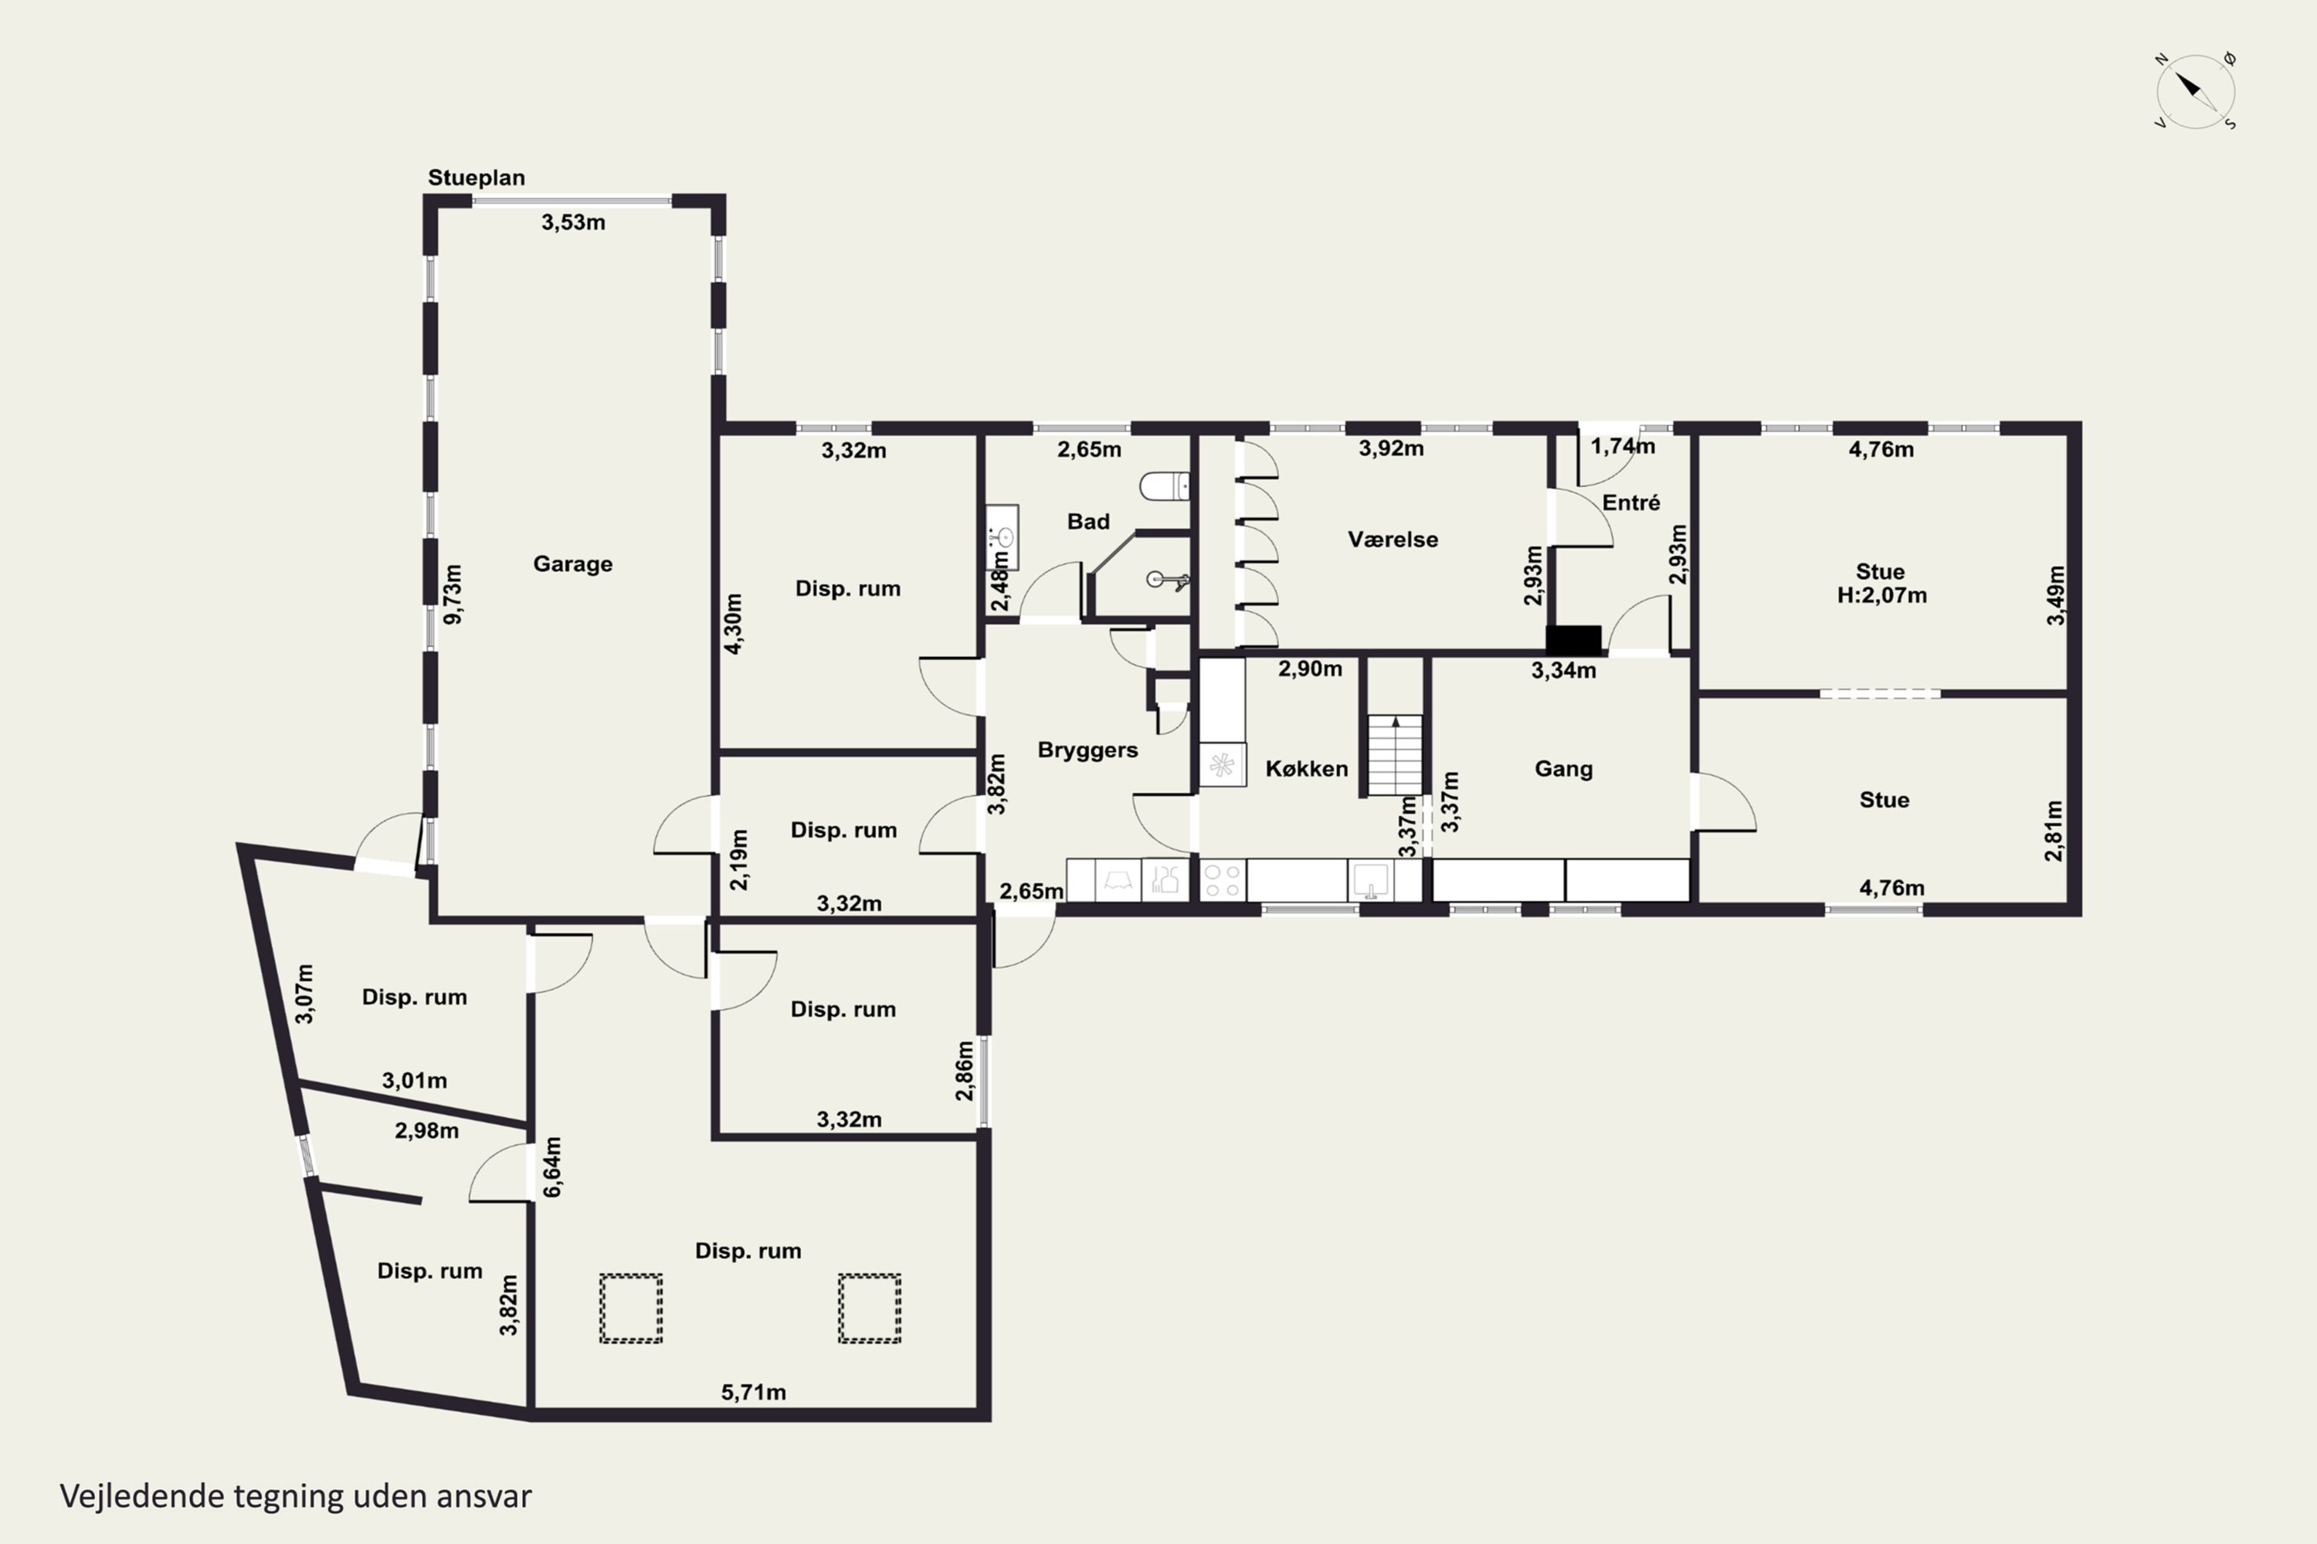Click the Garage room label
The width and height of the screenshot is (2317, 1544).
(572, 564)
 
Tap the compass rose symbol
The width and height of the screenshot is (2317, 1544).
(2195, 90)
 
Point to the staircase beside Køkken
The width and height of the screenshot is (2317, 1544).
(1395, 755)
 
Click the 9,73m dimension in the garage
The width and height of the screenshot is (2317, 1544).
(452, 594)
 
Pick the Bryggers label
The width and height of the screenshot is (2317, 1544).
(1087, 750)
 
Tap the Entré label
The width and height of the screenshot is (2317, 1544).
(1631, 503)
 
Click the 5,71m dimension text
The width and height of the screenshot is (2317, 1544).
(754, 1393)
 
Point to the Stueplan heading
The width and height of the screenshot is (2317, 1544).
(476, 178)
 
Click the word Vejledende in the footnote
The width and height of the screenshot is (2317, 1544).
(142, 1496)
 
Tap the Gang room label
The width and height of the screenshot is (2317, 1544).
(1563, 769)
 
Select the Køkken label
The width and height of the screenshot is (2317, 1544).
(1306, 769)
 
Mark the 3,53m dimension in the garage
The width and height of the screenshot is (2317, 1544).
(573, 222)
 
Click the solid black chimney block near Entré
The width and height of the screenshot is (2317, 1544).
(1573, 640)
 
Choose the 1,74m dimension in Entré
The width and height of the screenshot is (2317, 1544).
(1623, 447)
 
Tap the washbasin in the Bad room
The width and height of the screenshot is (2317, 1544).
(1002, 537)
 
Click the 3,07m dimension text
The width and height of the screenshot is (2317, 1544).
(304, 994)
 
